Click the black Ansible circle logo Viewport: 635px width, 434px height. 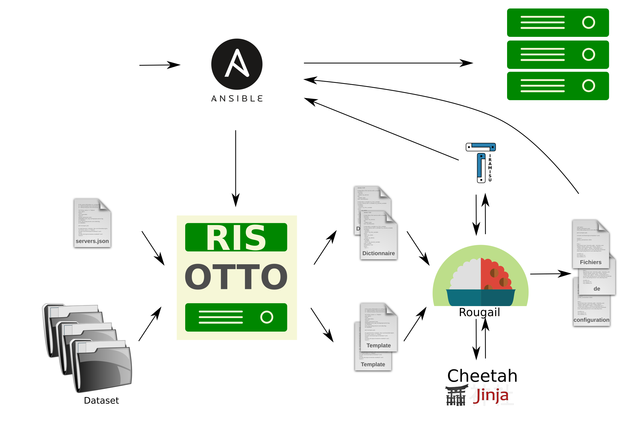[x=237, y=64]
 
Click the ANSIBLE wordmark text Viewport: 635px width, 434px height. [x=237, y=98]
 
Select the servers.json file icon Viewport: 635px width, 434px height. [x=92, y=223]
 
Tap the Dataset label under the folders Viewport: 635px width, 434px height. [x=101, y=400]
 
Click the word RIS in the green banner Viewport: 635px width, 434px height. [x=236, y=237]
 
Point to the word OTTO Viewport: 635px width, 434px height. [x=236, y=276]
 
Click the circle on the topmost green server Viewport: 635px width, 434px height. [x=588, y=23]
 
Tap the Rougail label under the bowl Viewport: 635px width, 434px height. [x=479, y=312]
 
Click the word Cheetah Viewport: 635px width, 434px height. [x=482, y=376]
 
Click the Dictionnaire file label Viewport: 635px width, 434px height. [x=378, y=253]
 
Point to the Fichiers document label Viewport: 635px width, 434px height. [x=590, y=262]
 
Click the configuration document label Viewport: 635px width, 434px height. [x=591, y=320]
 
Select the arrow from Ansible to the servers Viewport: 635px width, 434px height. [x=388, y=63]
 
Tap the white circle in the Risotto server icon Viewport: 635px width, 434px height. [x=267, y=317]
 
